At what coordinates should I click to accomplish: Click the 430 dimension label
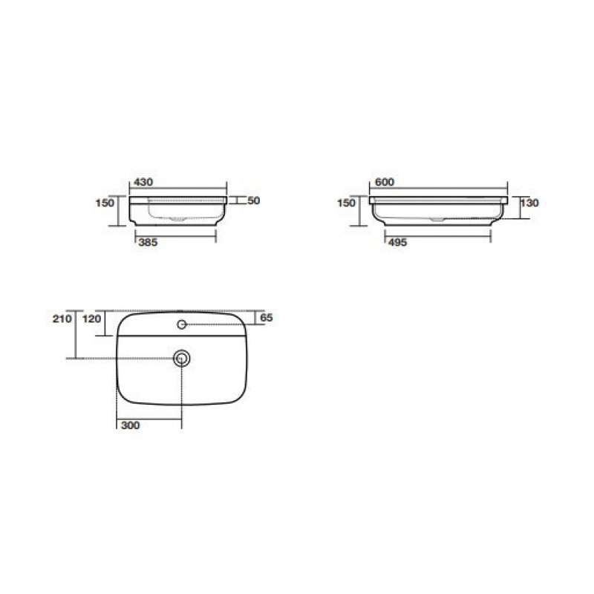point(143,182)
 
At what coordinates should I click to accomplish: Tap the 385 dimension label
point(148,243)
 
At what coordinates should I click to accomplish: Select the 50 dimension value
point(254,200)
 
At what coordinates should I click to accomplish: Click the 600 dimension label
point(385,182)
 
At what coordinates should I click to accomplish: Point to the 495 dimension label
point(397,243)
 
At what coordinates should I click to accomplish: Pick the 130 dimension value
point(529,203)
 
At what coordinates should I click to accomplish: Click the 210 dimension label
point(62,319)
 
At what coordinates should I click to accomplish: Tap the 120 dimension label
point(92,319)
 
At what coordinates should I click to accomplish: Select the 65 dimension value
point(267,318)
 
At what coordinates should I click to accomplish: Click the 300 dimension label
point(131,425)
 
